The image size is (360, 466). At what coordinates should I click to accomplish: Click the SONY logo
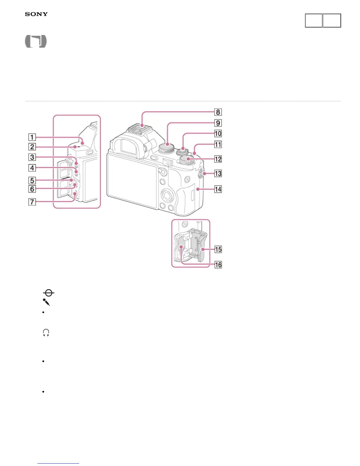click(x=36, y=14)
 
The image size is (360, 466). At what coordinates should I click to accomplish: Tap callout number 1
click(x=32, y=137)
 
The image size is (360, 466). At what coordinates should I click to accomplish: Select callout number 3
click(x=32, y=157)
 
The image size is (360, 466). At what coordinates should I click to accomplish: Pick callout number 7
click(x=32, y=202)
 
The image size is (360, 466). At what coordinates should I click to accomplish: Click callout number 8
click(x=218, y=112)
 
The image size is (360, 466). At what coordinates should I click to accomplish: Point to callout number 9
click(x=218, y=123)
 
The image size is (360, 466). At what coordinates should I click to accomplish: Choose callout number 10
click(x=218, y=134)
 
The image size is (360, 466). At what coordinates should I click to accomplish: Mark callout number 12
click(x=218, y=159)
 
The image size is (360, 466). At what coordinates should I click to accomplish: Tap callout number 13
click(x=218, y=173)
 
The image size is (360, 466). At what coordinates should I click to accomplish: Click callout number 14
click(x=218, y=189)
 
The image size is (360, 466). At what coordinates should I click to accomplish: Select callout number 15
click(x=218, y=249)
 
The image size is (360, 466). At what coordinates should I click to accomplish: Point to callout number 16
click(x=218, y=264)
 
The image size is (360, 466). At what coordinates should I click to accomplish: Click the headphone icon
click(x=46, y=333)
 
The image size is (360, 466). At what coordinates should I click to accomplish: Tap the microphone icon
click(x=46, y=302)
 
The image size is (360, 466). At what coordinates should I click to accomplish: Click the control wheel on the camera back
click(x=167, y=194)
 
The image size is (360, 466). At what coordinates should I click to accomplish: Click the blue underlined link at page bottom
click(x=58, y=463)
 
